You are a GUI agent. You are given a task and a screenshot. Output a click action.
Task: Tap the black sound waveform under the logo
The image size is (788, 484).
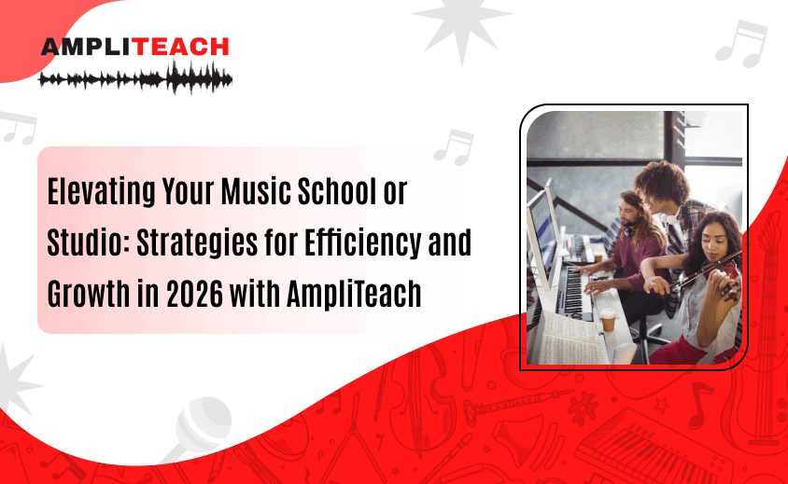[x=135, y=77]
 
